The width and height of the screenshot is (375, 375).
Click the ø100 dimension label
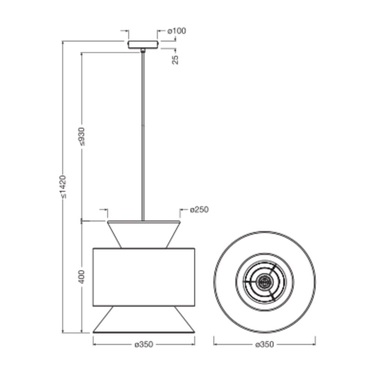[177, 31]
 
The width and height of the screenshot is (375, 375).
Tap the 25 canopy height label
[175, 60]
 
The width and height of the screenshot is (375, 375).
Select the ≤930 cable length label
[81, 136]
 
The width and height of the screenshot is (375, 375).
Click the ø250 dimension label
[199, 210]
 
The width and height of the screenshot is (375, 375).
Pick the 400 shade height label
[81, 277]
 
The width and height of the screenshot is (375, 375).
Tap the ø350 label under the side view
[144, 344]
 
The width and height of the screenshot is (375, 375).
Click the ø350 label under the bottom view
[264, 344]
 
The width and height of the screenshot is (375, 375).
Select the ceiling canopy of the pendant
[143, 45]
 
